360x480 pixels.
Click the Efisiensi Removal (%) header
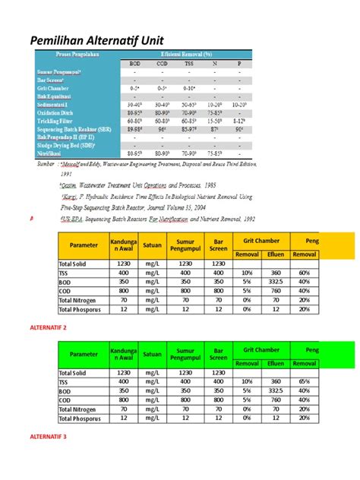tap(187, 56)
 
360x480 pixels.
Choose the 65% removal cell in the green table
tap(305, 383)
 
